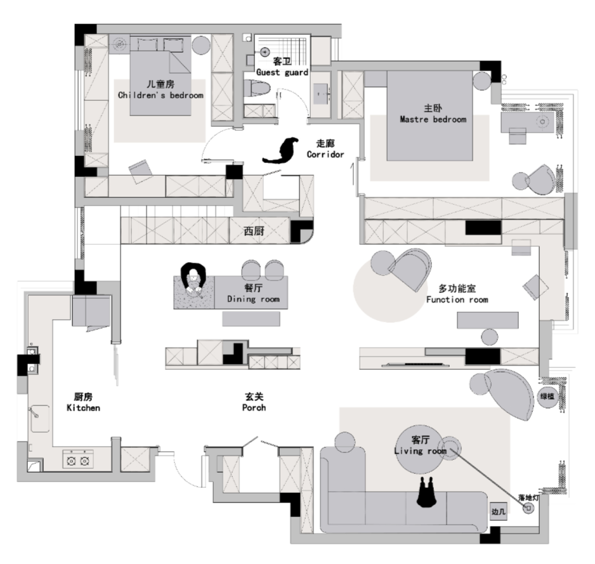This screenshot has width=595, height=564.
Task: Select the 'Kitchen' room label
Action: (83, 408)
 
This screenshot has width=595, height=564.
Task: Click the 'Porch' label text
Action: (254, 408)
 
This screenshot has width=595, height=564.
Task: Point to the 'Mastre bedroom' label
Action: (433, 119)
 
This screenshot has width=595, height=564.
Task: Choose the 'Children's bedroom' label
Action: (160, 95)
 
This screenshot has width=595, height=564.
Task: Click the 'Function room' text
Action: (457, 299)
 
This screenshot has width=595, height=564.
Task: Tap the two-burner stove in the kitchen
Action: (78, 459)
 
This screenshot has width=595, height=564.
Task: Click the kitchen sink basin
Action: (40, 419)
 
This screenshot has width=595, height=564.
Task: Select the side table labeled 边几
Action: (498, 512)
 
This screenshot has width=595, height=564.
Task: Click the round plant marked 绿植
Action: (547, 397)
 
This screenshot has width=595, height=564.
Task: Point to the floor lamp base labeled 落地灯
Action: (528, 508)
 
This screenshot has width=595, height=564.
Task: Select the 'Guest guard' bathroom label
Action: (282, 72)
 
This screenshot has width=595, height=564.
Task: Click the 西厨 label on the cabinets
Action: (254, 231)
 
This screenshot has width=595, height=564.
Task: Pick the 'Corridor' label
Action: (325, 154)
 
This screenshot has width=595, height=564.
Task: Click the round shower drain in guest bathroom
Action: (265, 51)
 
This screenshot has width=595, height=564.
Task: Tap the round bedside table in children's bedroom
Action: (200, 45)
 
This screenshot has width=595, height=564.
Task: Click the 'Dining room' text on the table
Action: (253, 299)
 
